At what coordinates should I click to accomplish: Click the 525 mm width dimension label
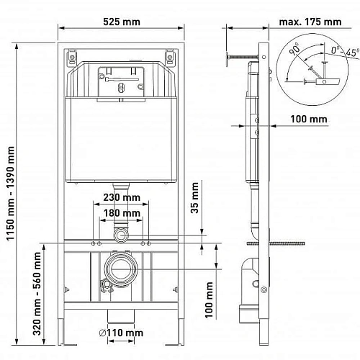click(122, 22)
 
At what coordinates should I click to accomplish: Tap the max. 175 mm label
click(310, 22)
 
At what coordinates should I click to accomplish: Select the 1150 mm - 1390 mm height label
click(10, 194)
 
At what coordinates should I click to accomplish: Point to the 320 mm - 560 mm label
click(37, 293)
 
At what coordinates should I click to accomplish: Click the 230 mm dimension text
click(122, 197)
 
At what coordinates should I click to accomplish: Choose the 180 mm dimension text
click(122, 213)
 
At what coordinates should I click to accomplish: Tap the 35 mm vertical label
click(194, 198)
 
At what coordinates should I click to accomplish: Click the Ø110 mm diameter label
click(121, 333)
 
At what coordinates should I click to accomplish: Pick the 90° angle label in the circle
click(294, 49)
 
